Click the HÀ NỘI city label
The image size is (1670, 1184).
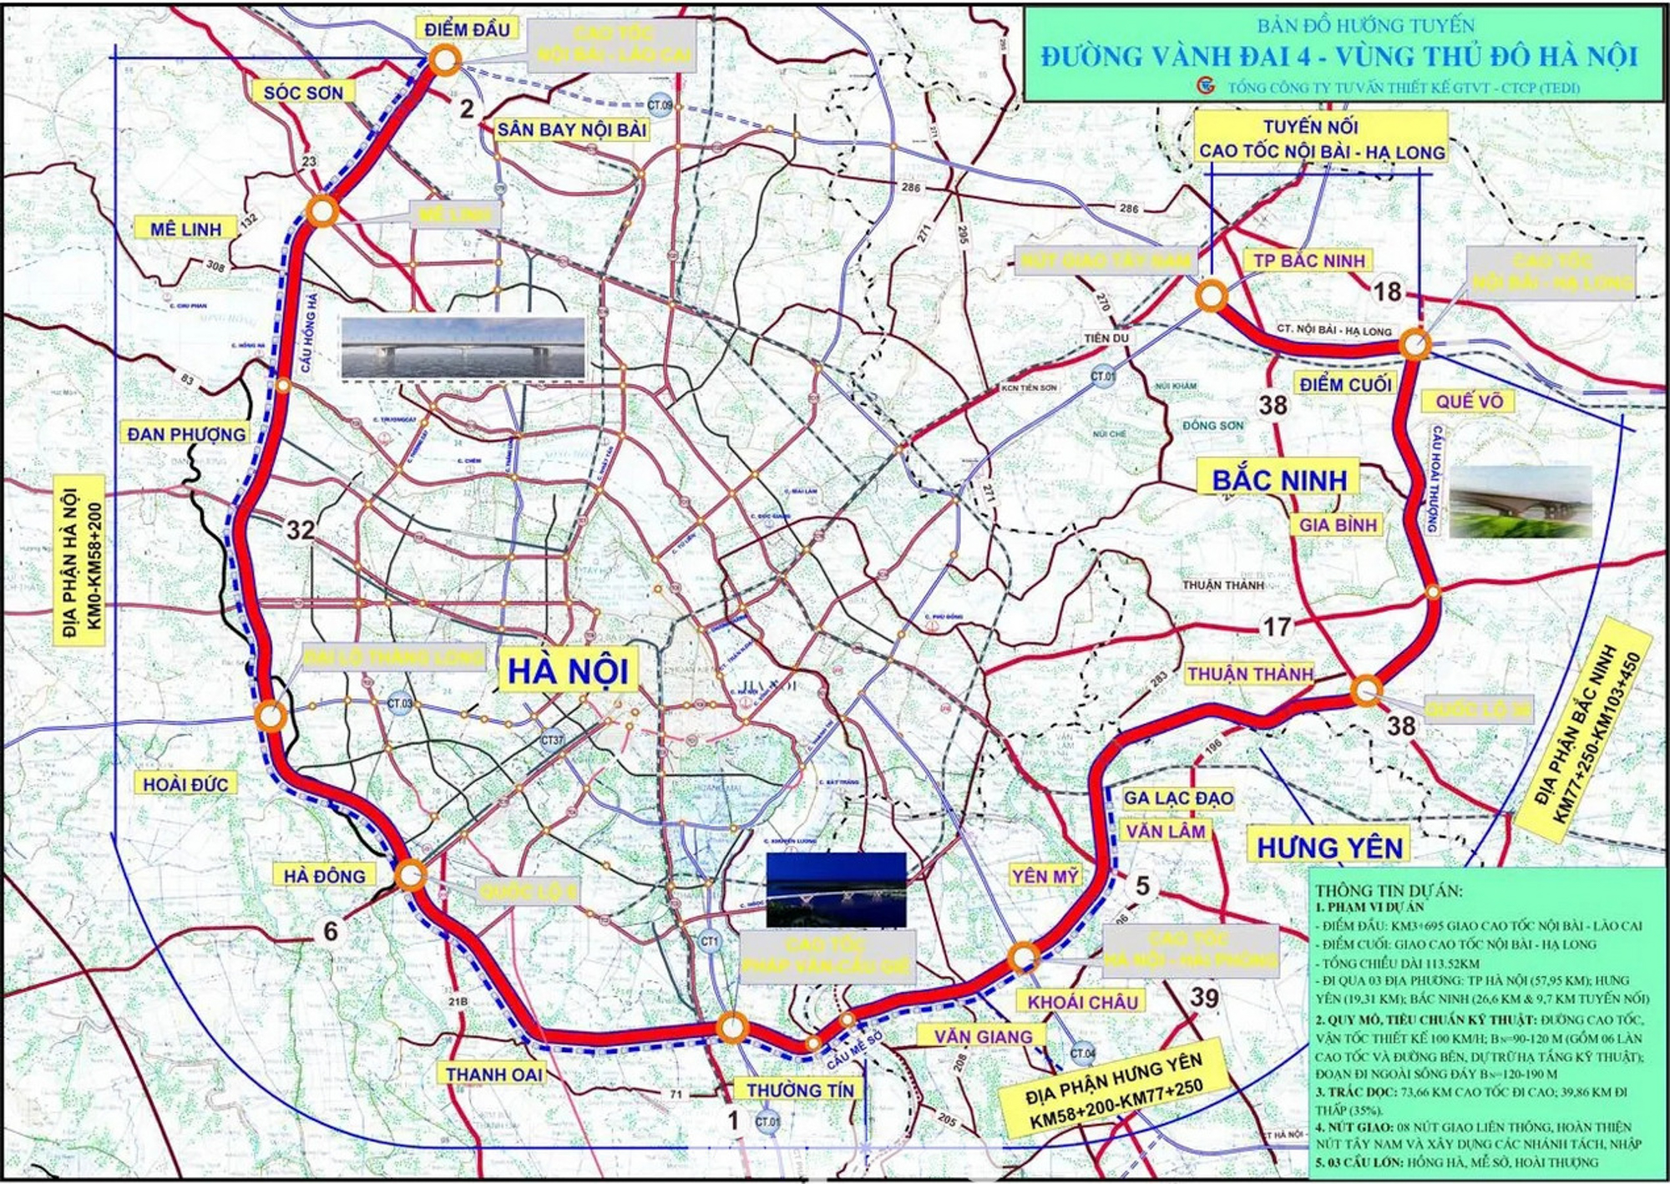point(568,670)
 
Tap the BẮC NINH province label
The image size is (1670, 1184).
point(1279,479)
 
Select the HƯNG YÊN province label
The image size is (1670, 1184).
point(1329,848)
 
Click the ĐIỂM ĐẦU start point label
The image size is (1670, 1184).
point(467,30)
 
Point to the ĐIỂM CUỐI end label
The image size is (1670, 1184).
point(1344,384)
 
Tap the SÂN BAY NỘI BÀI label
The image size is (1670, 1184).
point(572,129)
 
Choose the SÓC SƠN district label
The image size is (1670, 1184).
point(303,93)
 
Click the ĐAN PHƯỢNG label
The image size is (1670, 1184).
point(186,434)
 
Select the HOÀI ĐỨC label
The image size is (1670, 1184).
point(185,784)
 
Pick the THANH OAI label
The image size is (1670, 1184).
point(493,1074)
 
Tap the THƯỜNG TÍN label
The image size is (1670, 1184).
point(800,1090)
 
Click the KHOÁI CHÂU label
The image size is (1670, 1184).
point(1082,1002)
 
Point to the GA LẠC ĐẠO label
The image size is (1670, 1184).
point(1178,797)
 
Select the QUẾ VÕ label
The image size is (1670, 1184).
point(1469,402)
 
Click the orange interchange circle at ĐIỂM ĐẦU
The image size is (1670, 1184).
point(445,60)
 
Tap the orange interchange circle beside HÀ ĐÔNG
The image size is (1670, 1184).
point(410,875)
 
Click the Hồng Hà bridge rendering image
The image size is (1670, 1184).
point(463,347)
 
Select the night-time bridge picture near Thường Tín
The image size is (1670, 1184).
point(836,889)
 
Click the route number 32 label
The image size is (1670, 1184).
point(301,529)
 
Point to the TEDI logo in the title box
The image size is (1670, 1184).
point(1205,86)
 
